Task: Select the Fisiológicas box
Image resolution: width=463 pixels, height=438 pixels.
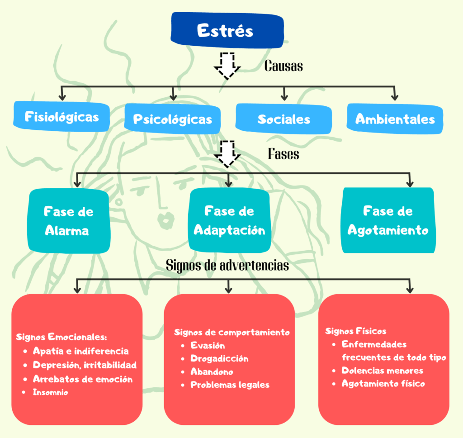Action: [x=62, y=117]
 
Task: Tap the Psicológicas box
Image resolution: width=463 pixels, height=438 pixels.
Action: [x=172, y=119]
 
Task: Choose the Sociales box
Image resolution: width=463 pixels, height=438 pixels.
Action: [x=283, y=119]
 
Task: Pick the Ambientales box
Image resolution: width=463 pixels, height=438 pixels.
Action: [x=395, y=119]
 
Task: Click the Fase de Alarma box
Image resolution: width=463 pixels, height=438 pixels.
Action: [x=69, y=221]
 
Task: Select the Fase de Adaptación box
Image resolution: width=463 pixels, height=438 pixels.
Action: [x=229, y=220]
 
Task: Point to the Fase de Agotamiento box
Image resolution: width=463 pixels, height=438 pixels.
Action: [x=387, y=220]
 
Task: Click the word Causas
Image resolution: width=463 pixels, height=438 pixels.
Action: [x=283, y=66]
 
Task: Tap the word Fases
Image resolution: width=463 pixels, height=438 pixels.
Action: [x=283, y=154]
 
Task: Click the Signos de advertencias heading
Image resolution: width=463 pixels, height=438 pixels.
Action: [x=227, y=265]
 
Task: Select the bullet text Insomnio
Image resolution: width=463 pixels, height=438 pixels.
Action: [x=50, y=392]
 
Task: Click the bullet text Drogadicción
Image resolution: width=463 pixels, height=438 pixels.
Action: [x=219, y=358]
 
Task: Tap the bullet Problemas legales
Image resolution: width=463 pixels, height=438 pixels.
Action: [x=230, y=385]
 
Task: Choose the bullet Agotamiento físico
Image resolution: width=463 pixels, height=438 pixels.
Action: [x=383, y=384]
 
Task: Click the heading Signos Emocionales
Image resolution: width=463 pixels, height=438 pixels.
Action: [x=61, y=337]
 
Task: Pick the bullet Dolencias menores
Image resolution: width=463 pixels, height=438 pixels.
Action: [x=383, y=371]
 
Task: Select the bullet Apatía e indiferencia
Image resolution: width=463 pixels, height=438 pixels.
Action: [x=80, y=351]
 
